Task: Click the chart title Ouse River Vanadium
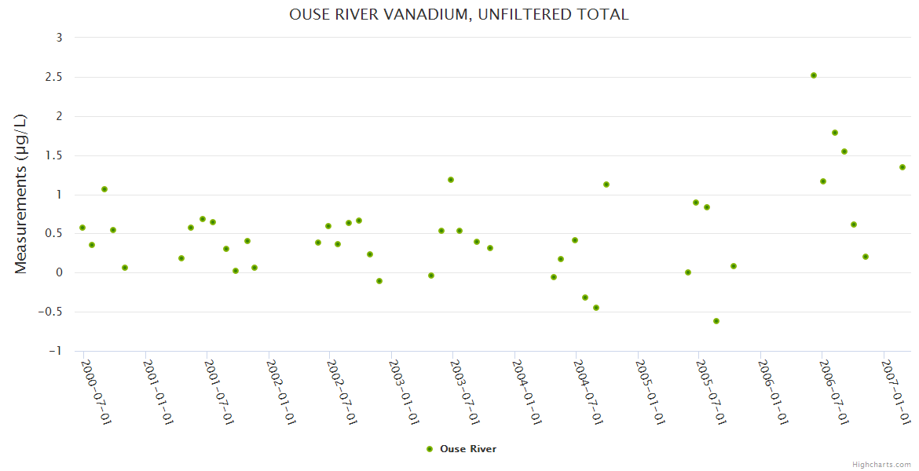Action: pos(459,14)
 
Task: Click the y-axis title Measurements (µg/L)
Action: pos(21,194)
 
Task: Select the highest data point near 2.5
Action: pos(814,75)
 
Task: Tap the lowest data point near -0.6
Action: pos(716,321)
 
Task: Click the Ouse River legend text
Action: pos(468,449)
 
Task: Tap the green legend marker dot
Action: pos(430,449)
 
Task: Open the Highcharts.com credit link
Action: pos(881,465)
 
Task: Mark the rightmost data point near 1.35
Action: pos(903,167)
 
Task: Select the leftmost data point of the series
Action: pos(82,228)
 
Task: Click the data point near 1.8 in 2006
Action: pos(835,133)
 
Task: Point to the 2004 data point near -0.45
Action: pos(596,308)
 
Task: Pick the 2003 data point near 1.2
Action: pos(451,180)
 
